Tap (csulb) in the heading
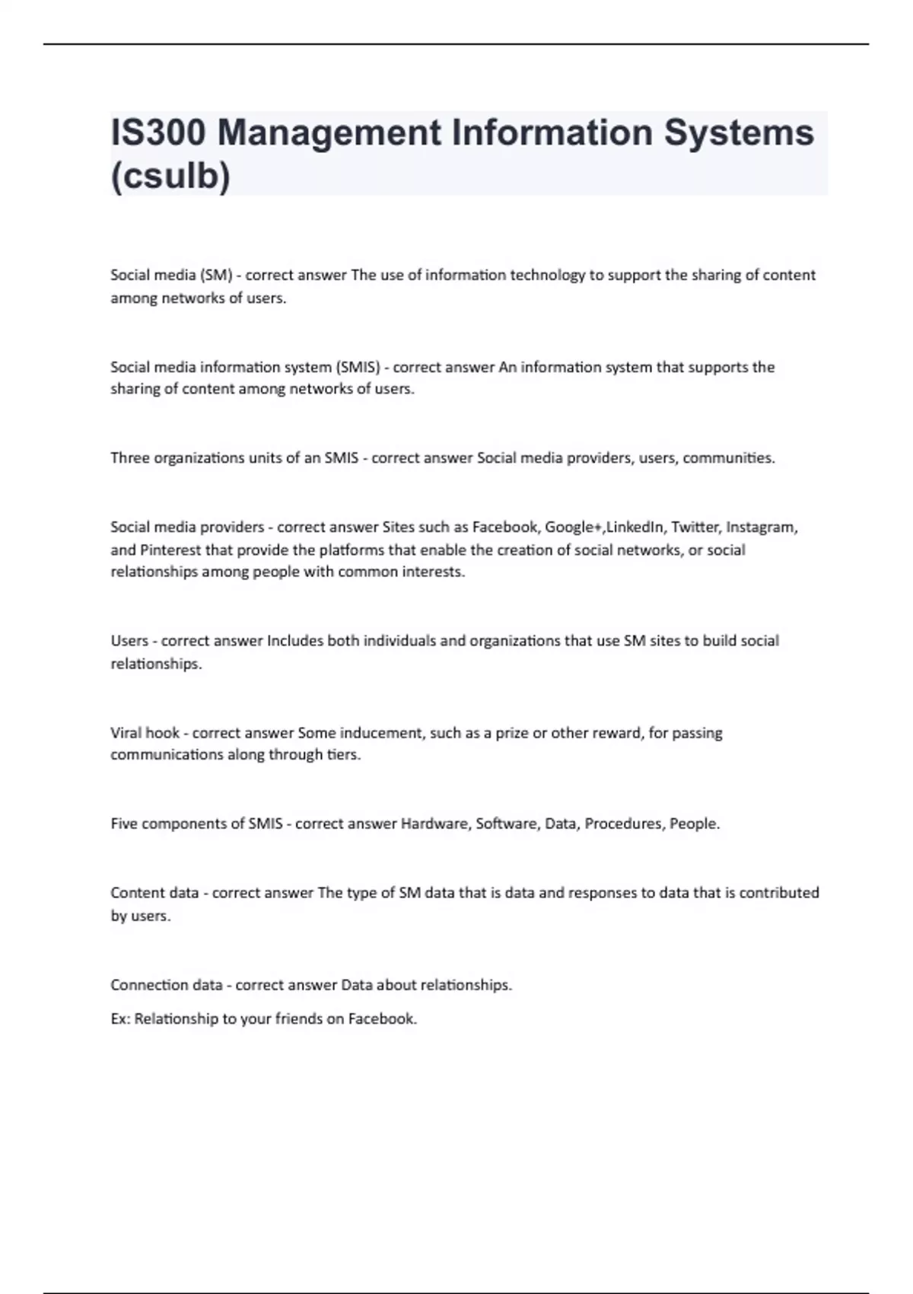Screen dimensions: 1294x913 pyautogui.click(x=170, y=177)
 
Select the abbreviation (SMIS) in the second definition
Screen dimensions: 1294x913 pyautogui.click(x=358, y=367)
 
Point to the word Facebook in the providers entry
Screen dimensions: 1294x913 pyautogui.click(x=504, y=527)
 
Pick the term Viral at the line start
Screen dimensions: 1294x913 pyautogui.click(x=126, y=733)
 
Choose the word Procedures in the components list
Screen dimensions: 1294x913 pyautogui.click(x=623, y=824)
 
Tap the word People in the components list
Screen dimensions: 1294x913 pyautogui.click(x=694, y=824)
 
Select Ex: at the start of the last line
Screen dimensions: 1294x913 pyautogui.click(x=120, y=1018)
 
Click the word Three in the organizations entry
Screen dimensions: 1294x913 pyautogui.click(x=130, y=458)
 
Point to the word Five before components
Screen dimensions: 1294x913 pyautogui.click(x=124, y=824)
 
